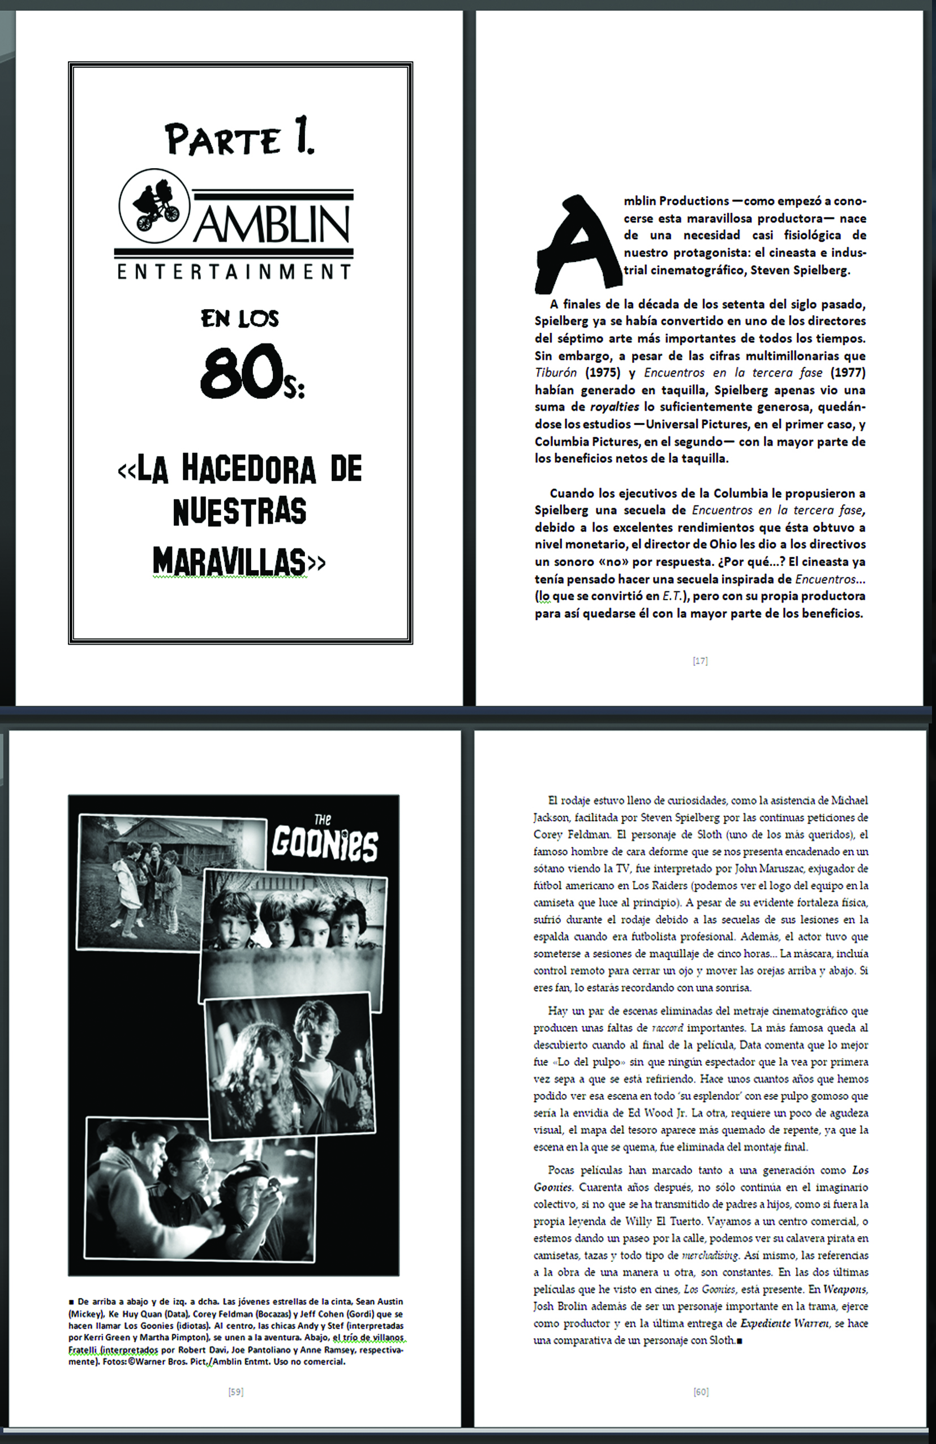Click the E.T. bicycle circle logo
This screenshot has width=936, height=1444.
tap(154, 205)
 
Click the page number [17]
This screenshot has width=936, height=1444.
tap(700, 661)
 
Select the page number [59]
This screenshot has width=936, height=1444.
tap(235, 1391)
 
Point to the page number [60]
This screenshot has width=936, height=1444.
tap(701, 1391)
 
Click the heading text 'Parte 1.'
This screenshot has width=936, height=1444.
tap(239, 140)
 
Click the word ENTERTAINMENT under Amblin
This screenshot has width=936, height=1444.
tap(234, 272)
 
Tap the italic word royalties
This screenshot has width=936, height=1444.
tap(614, 407)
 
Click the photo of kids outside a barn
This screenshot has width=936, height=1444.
tap(171, 881)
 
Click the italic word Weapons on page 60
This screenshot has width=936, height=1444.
tap(845, 1289)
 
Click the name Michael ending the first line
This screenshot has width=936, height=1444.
tap(849, 800)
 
